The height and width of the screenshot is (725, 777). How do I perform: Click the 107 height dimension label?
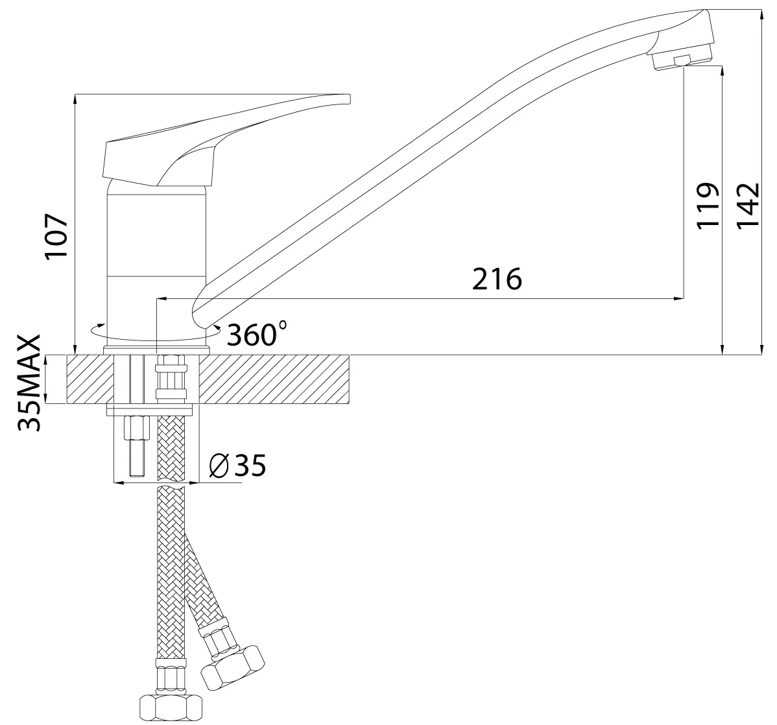coord(56,236)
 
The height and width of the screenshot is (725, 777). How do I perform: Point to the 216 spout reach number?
coord(497,279)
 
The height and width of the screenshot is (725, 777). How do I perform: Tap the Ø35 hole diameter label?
coord(237,465)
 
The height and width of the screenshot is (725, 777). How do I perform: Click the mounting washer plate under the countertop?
coord(150,410)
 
